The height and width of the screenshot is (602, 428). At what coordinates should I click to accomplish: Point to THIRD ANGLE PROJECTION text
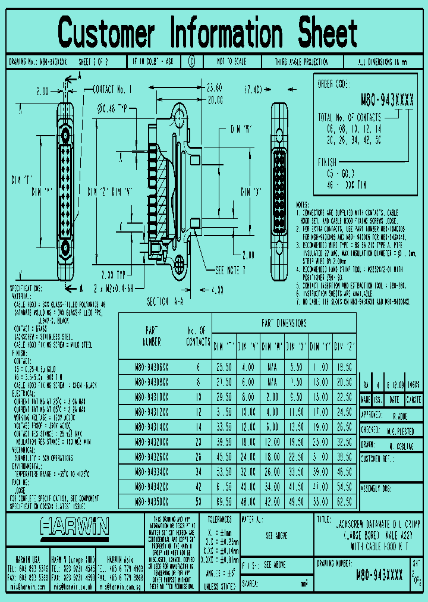[x=301, y=62]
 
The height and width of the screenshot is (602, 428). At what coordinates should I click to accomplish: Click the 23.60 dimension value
[x=213, y=87]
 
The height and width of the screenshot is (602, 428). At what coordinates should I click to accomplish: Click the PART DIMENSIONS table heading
[x=284, y=323]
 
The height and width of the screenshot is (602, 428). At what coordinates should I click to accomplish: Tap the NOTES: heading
[x=303, y=203]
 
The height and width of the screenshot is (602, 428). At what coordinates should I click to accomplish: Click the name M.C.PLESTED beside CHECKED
[x=401, y=430]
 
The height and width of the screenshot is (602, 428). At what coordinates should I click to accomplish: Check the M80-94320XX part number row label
[x=152, y=441]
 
